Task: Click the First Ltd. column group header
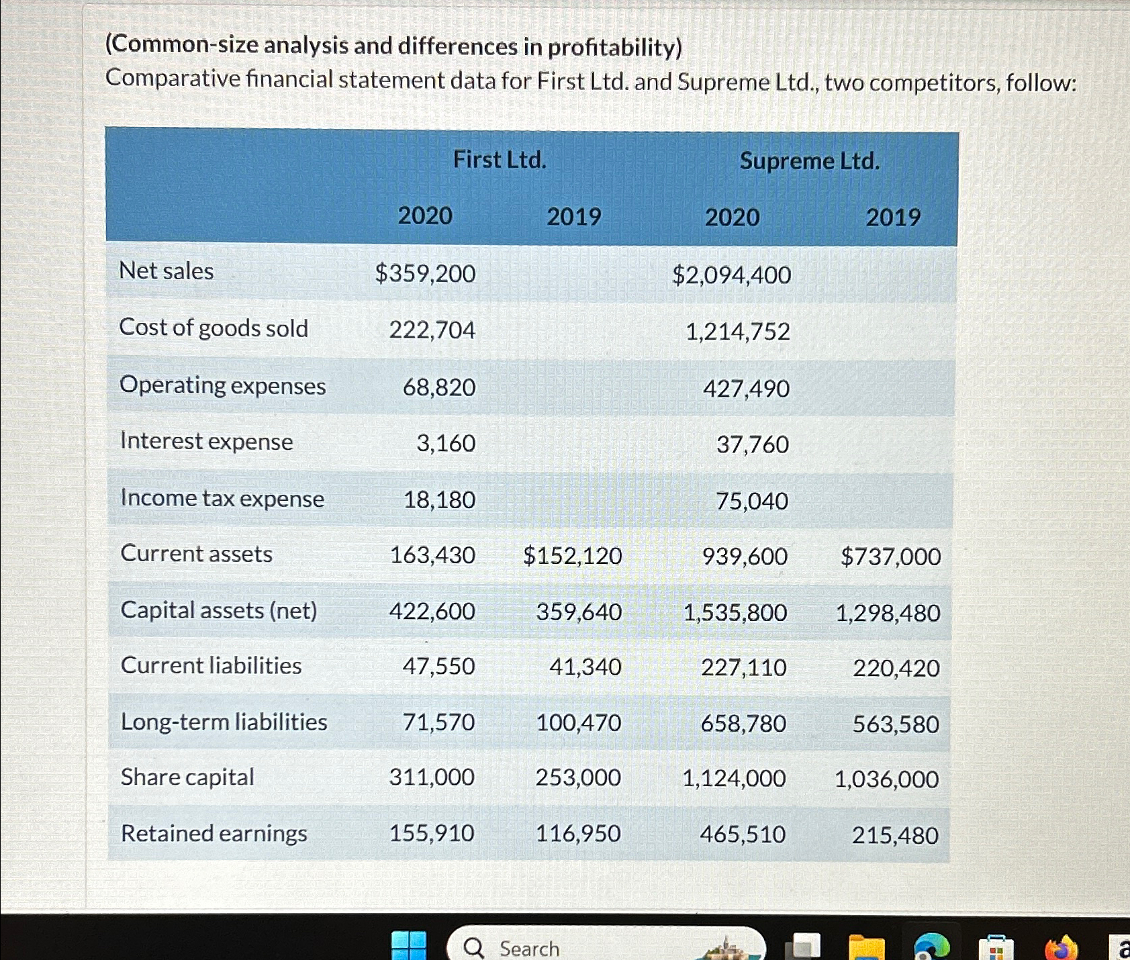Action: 500,160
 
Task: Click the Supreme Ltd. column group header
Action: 809,161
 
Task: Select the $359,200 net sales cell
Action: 425,273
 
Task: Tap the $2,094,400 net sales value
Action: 731,275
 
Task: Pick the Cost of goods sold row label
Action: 214,328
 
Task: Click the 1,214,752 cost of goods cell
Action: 737,332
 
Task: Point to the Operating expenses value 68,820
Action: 439,387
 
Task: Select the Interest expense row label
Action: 206,441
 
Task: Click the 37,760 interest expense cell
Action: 752,444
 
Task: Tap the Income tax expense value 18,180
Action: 439,500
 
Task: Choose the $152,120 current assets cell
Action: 572,556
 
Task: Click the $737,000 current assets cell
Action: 890,557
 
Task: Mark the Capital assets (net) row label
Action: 218,610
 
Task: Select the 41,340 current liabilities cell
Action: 585,667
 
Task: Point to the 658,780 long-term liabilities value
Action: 743,724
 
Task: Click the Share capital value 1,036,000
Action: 886,779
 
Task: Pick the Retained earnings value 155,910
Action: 432,833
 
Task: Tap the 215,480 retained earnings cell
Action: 895,836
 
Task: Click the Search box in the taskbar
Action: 530,948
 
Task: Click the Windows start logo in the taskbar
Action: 409,946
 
